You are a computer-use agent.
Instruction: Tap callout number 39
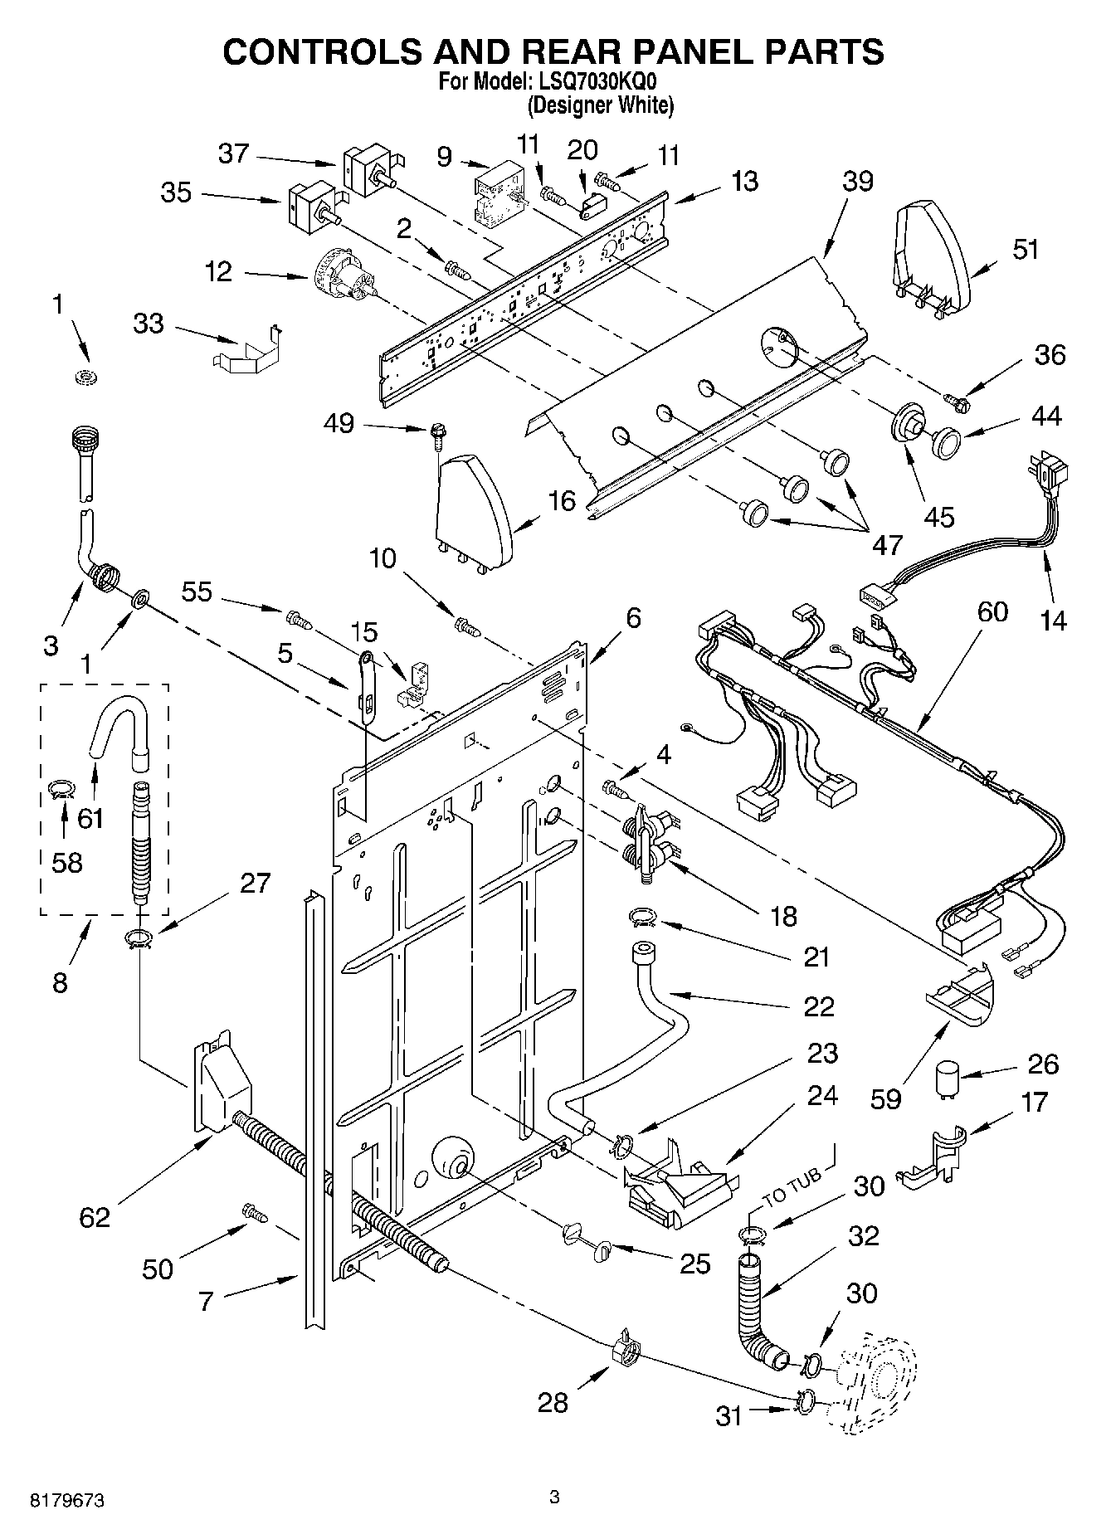858,181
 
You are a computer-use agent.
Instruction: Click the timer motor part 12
344,277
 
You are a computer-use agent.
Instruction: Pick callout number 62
95,1217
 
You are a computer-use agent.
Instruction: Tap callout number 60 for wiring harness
992,611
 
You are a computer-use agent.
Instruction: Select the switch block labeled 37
365,169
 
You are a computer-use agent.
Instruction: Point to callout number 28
552,1402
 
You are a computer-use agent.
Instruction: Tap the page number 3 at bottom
554,1497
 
